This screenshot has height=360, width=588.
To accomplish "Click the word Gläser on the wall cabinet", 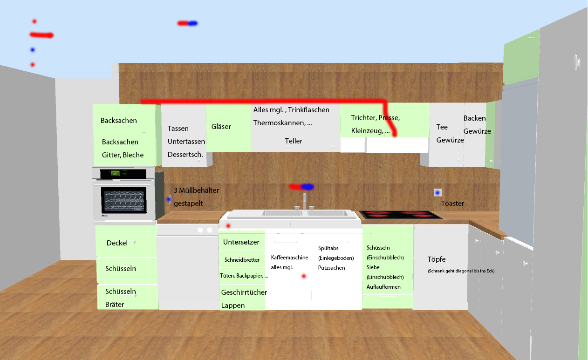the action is tap(221, 127).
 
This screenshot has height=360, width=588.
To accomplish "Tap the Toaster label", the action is tap(452, 204).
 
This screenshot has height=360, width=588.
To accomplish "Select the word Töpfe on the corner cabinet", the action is tap(436, 259).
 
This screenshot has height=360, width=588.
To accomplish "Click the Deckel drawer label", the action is tap(117, 243).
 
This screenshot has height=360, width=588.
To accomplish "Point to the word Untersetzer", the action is tap(241, 242).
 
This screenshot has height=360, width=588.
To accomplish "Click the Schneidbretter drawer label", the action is tap(242, 260).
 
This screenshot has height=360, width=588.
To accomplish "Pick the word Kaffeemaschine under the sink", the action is tap(289, 258).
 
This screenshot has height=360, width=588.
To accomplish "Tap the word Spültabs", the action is tap(328, 248).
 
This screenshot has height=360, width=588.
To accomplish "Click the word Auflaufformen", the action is tap(383, 287).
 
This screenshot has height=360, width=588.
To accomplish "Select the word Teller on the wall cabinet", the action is tap(294, 141).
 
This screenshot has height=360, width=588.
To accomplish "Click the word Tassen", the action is tap(178, 129).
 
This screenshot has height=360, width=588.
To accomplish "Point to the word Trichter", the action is tap(363, 118).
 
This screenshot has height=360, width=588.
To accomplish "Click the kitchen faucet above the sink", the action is tap(305, 202).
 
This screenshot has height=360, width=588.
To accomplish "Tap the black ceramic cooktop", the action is tap(401, 215).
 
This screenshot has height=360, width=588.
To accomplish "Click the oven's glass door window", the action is tap(124, 200).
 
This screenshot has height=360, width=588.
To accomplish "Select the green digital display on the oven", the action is tap(115, 173).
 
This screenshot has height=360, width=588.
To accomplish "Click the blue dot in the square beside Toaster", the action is tap(438, 193).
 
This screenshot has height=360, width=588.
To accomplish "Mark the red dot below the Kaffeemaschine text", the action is tap(304, 276).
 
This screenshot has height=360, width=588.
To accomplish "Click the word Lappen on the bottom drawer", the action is tap(233, 306).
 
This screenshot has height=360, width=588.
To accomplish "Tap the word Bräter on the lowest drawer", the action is tap(115, 305).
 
